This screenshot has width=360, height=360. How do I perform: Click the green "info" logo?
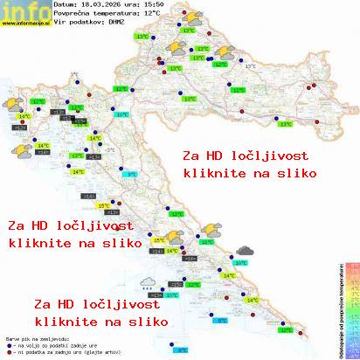[21, 9]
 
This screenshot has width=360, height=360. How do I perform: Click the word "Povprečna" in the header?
[72, 14]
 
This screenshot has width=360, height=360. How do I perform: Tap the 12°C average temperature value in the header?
[151, 14]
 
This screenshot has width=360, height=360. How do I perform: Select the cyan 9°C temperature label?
[133, 175]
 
